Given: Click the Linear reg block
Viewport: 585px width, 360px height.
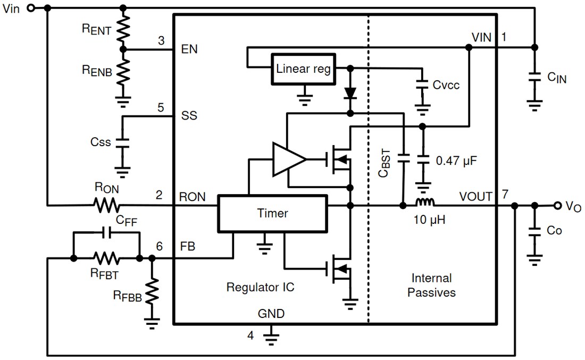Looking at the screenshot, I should click(x=303, y=69).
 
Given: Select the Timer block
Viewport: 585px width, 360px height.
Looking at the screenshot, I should click(x=272, y=213).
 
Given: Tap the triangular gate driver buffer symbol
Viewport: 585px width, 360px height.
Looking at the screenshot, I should click(x=288, y=158).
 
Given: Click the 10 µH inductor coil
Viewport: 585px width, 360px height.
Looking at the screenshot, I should click(x=424, y=203).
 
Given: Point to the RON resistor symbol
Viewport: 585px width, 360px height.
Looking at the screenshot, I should click(x=106, y=205).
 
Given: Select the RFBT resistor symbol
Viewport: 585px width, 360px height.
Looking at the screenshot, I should click(x=106, y=258).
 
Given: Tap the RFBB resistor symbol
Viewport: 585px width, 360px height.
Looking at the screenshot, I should click(x=152, y=291).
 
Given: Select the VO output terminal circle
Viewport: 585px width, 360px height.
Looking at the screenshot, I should click(x=557, y=205).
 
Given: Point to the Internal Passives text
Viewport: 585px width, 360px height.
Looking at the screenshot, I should click(x=431, y=285).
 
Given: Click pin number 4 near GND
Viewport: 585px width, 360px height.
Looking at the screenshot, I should click(x=250, y=335).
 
